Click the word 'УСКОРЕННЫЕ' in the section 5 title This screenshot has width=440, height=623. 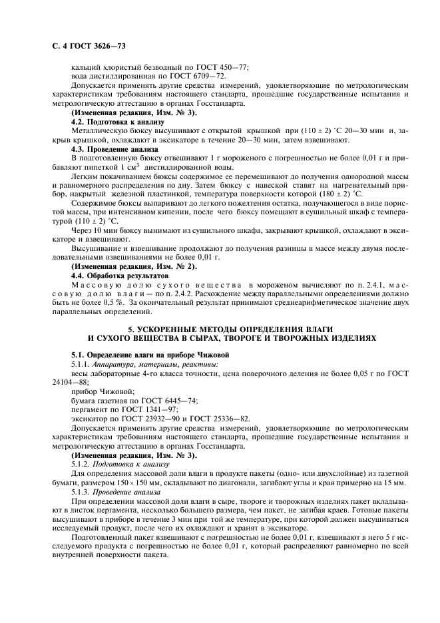(x=169, y=329)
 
